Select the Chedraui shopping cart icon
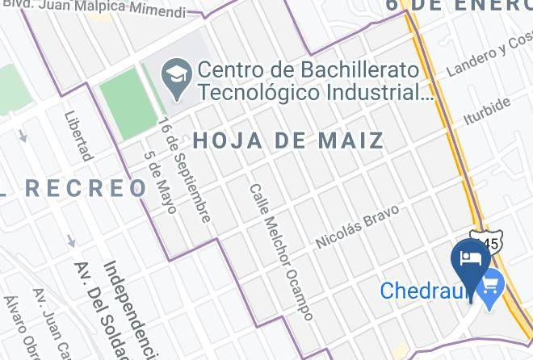pyautogui.click(x=490, y=285)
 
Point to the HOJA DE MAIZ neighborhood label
pyautogui.click(x=288, y=140)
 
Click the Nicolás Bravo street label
pyautogui.click(x=357, y=227)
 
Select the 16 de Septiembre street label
pyautogui.click(x=184, y=170)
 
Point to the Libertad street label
pyautogui.click(x=79, y=136)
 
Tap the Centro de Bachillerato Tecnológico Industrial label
pyautogui.click(x=315, y=81)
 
